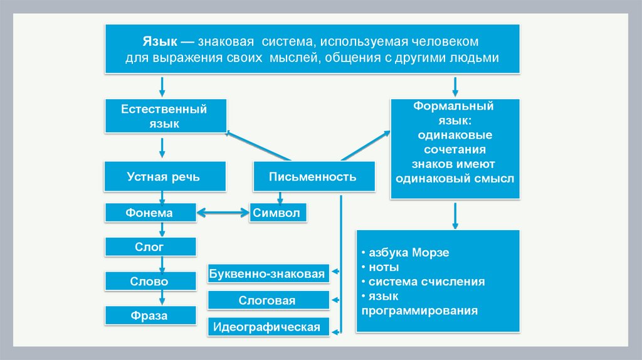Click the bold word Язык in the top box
(x=159, y=41)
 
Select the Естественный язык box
(x=164, y=116)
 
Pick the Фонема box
(x=150, y=213)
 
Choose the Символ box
(x=276, y=213)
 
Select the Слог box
(x=150, y=246)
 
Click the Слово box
(x=150, y=281)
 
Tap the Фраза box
(x=150, y=315)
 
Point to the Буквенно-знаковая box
(x=268, y=274)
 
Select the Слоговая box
(x=268, y=300)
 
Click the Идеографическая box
(x=268, y=327)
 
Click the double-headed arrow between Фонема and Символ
(x=223, y=213)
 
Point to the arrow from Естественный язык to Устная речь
(x=162, y=147)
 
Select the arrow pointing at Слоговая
(x=336, y=300)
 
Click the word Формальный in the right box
(x=453, y=106)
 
